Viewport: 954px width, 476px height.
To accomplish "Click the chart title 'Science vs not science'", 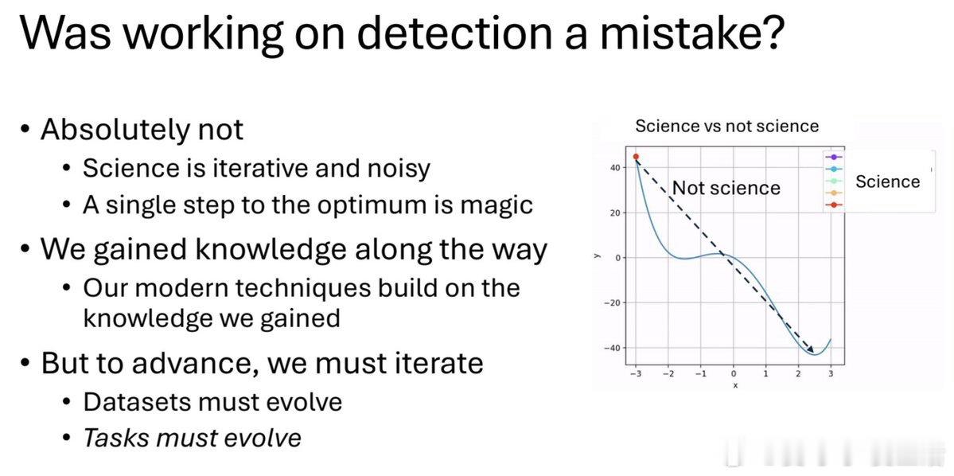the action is click(x=726, y=126).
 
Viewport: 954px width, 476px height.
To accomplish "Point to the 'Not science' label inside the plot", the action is click(x=726, y=188).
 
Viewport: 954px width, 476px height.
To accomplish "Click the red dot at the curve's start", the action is click(x=636, y=157).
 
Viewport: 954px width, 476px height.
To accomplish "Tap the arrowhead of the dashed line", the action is click(x=811, y=349).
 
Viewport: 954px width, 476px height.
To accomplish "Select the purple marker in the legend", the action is click(x=834, y=158).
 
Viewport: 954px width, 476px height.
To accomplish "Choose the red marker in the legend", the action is click(x=834, y=205).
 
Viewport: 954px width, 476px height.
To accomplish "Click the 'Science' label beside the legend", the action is click(x=888, y=181).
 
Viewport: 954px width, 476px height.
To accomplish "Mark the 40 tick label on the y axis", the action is click(x=615, y=167).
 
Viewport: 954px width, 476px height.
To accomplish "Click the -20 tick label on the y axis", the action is click(x=613, y=302).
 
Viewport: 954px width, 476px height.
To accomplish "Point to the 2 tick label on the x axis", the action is click(x=797, y=374).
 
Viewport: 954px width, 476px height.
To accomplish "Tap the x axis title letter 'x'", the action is click(x=734, y=385).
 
